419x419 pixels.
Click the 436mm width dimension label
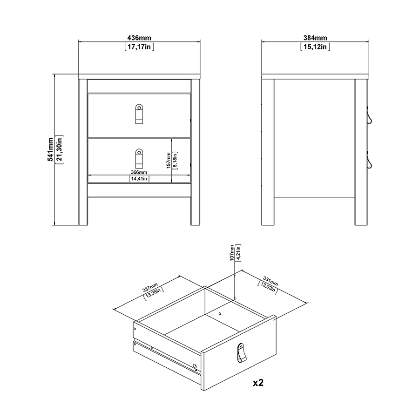pyautogui.click(x=139, y=38)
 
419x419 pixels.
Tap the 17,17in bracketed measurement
pyautogui.click(x=139, y=47)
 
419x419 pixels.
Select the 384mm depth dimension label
pyautogui.click(x=315, y=38)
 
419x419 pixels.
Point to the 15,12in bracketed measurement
pyautogui.click(x=315, y=47)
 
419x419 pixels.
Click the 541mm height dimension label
pyautogui.click(x=50, y=149)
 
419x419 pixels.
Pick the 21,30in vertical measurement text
pyautogui.click(x=59, y=149)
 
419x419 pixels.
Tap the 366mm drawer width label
pyautogui.click(x=139, y=172)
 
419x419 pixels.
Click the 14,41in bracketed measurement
pyautogui.click(x=139, y=178)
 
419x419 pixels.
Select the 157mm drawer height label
pyautogui.click(x=169, y=160)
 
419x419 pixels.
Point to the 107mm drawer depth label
pyautogui.click(x=232, y=253)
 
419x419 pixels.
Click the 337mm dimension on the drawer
pyautogui.click(x=150, y=288)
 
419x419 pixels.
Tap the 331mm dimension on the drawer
pyautogui.click(x=270, y=282)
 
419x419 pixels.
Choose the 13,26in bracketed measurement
pyautogui.click(x=154, y=293)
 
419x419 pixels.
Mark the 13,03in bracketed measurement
pyautogui.click(x=268, y=288)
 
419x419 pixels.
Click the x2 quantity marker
pyautogui.click(x=258, y=383)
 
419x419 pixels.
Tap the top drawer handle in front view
pyautogui.click(x=139, y=114)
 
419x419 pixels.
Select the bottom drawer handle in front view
pyautogui.click(x=139, y=158)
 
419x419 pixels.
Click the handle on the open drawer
pyautogui.click(x=242, y=353)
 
